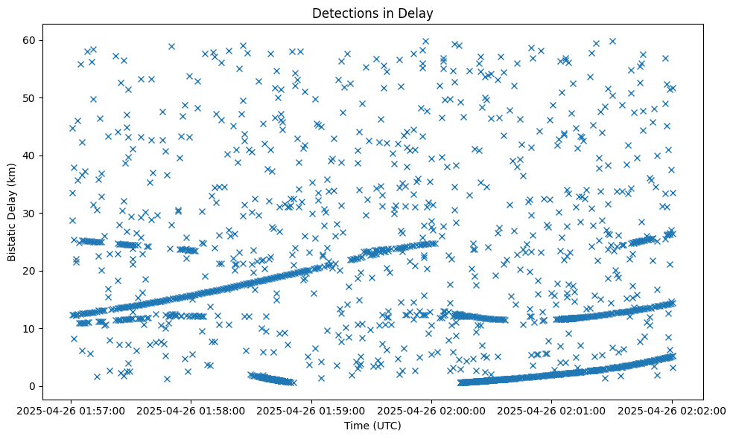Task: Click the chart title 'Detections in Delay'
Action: click(372, 13)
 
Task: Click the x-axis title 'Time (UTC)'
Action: click(372, 426)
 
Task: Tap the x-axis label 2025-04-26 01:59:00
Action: click(312, 410)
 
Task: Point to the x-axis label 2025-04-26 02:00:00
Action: click(432, 410)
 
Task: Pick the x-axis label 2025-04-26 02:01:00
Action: click(552, 410)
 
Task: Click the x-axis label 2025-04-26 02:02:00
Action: click(672, 410)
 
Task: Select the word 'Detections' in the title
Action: click(343, 13)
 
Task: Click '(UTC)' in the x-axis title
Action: click(387, 426)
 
